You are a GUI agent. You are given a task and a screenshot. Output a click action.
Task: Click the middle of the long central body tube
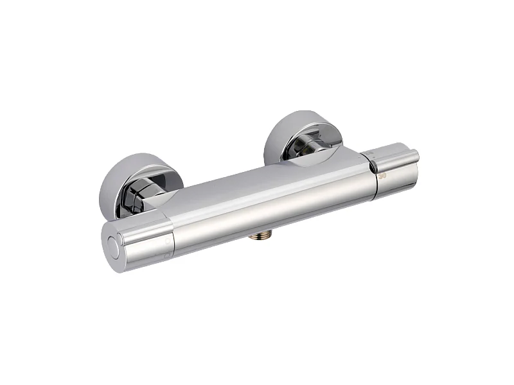click(270, 199)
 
